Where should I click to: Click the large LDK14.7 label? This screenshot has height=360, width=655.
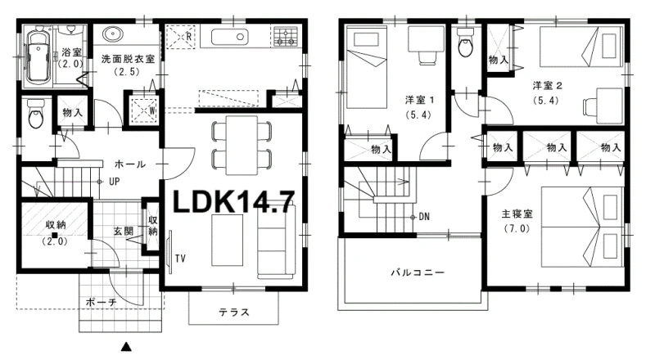pos(233,202)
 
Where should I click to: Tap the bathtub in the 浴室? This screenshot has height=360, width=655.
pos(38,58)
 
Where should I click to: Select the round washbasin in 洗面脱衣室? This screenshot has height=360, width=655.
pos(111,34)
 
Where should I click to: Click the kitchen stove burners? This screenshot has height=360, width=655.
pos(286,36)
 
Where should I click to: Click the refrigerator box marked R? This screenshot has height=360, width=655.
pos(180,36)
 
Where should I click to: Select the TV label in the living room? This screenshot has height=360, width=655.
pos(180,259)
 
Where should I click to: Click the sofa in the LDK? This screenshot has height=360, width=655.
pos(276,241)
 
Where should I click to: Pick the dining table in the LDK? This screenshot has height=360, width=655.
pos(242,146)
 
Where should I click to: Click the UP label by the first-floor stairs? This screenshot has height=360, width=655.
pos(114,182)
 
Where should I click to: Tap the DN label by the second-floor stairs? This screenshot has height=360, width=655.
pos(424,217)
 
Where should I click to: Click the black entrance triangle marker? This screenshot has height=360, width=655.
pos(126,347)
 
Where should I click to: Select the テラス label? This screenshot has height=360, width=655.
pos(234,312)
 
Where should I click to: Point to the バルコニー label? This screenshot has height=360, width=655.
pos(418,272)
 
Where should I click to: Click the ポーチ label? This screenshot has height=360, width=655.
pos(101,302)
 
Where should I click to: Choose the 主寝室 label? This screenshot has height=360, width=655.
pos(517,214)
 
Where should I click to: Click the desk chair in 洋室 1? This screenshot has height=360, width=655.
pos(426,58)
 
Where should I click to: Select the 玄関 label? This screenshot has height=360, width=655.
pos(124,231)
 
